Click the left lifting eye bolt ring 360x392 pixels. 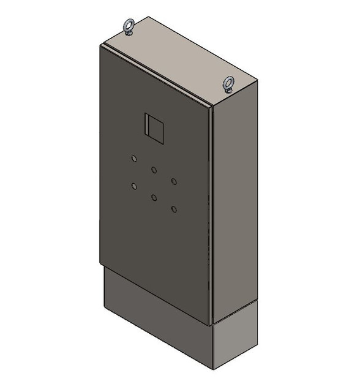[x=129, y=24]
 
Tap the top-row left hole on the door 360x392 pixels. [x=134, y=159]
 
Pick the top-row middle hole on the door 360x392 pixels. [x=154, y=170]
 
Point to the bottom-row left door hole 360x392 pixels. [x=134, y=187]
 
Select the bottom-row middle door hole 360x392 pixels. [x=154, y=197]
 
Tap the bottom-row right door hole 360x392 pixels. [x=174, y=209]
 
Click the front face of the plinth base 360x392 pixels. [x=156, y=325]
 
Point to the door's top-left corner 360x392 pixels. [x=100, y=47]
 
